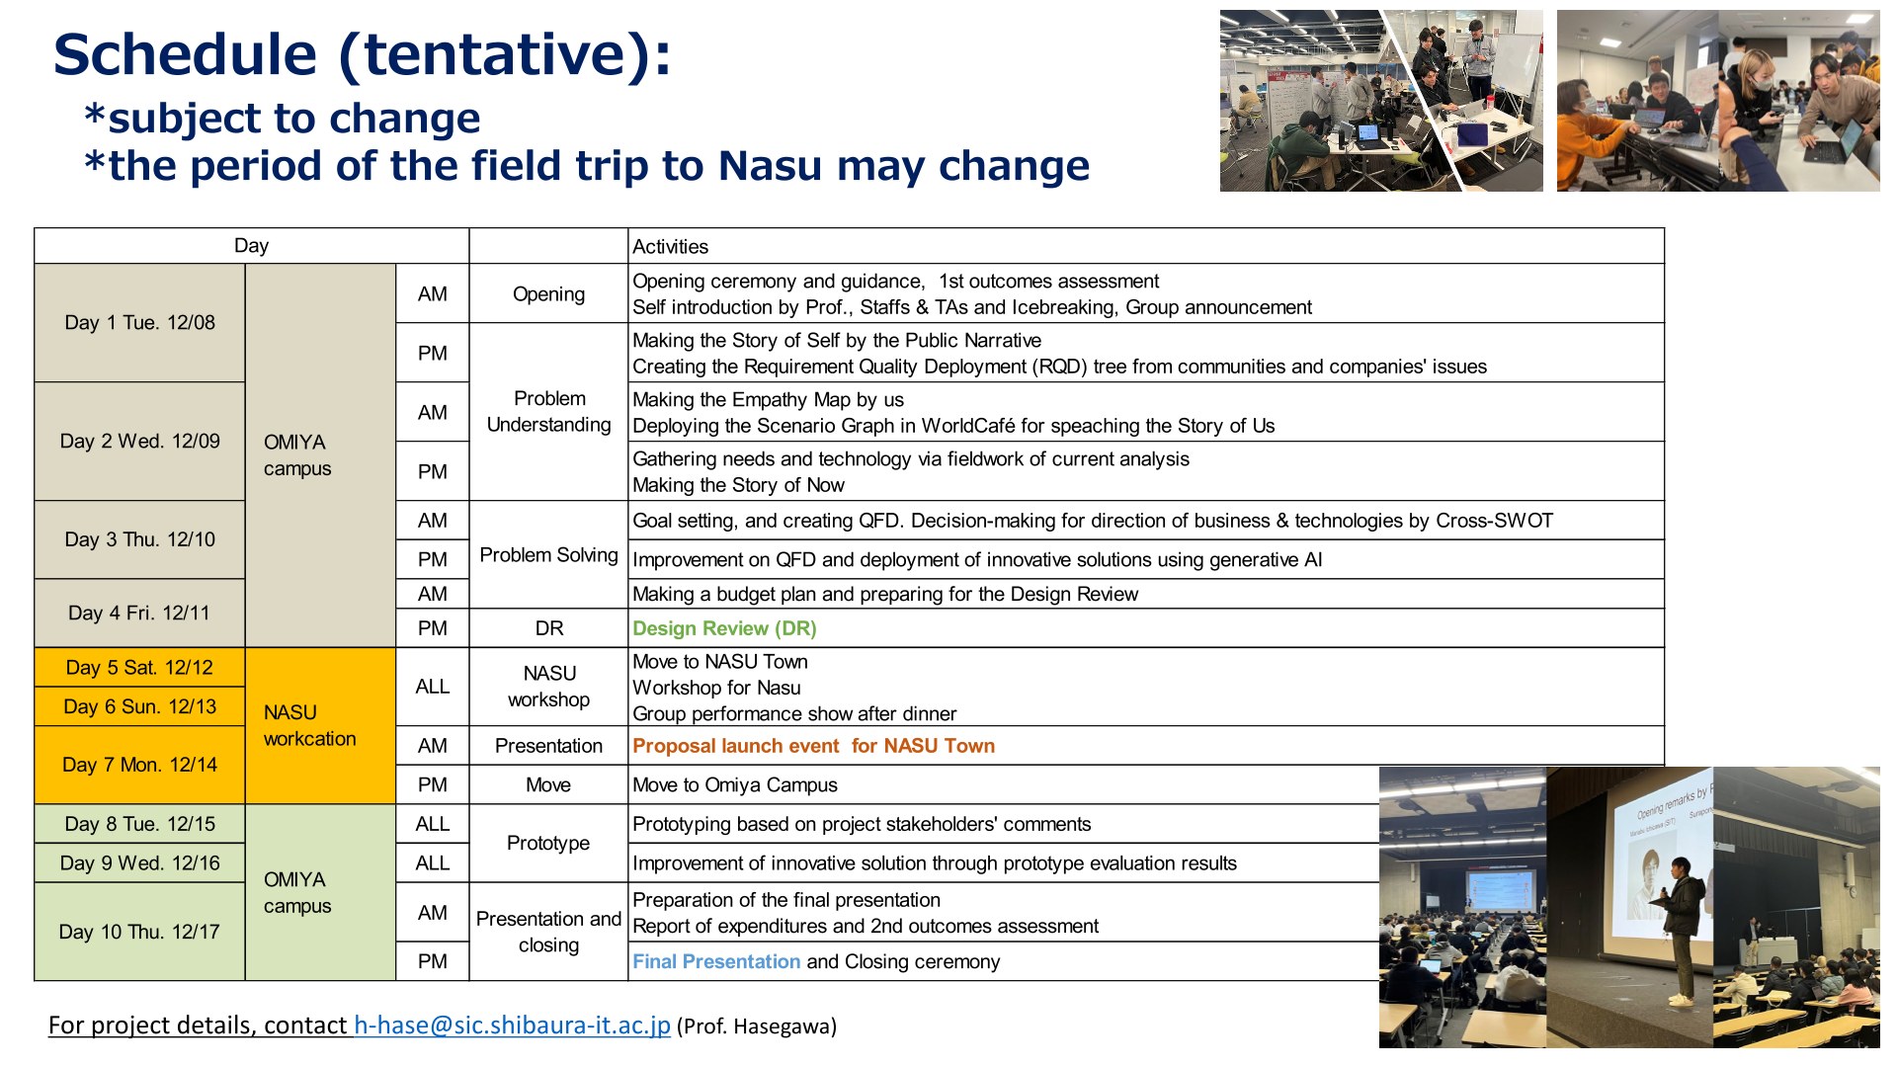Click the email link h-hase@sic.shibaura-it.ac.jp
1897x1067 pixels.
point(512,1026)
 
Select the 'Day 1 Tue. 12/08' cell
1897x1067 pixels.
point(139,323)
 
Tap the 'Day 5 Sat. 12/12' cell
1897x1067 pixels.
point(139,668)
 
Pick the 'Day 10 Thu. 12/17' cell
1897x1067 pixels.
point(139,932)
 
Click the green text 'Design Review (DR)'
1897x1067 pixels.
point(724,628)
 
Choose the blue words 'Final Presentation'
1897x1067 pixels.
point(716,961)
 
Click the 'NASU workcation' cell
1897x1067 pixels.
point(320,726)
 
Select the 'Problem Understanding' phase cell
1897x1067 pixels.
point(548,412)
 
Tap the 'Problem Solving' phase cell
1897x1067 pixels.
point(548,555)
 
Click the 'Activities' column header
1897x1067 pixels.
point(670,247)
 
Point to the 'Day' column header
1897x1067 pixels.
point(251,246)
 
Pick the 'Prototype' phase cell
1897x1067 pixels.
point(548,843)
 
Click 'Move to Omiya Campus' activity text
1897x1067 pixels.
point(734,785)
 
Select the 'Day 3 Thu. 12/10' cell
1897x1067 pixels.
point(139,539)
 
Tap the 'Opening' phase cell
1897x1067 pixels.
point(548,293)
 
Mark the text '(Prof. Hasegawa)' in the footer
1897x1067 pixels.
point(757,1026)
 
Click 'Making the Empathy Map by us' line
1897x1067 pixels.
point(768,400)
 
